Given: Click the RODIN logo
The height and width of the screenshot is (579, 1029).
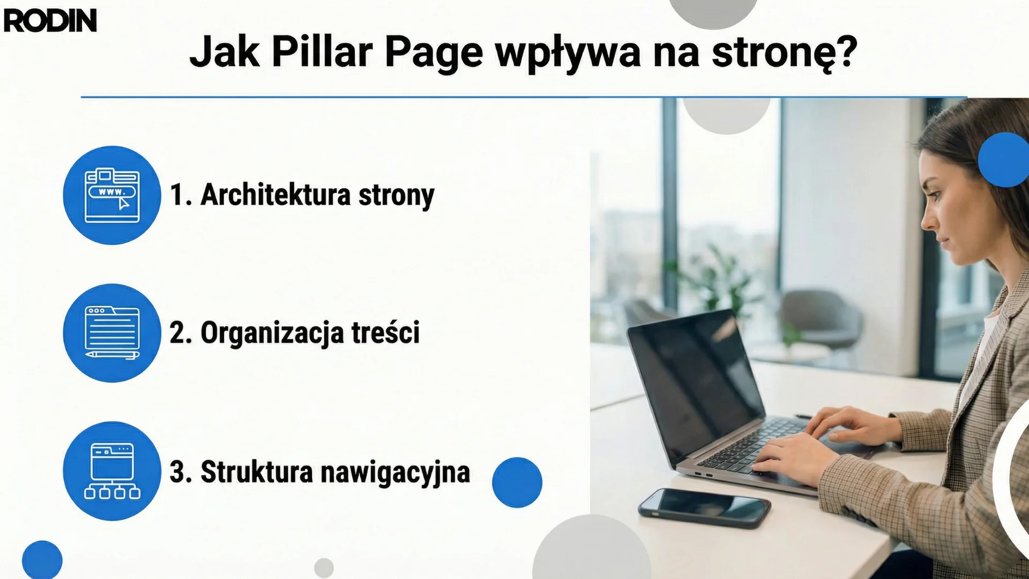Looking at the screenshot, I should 50,21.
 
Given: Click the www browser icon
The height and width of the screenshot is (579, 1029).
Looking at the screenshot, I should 112,195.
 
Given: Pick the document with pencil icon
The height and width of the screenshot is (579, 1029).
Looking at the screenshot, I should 112,333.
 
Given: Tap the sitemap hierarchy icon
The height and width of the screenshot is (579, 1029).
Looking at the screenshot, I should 112,471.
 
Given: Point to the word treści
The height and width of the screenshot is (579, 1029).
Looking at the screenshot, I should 385,332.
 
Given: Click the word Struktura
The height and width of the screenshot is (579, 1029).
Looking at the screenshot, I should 256,472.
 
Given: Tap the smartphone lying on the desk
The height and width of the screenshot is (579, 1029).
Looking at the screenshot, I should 704,507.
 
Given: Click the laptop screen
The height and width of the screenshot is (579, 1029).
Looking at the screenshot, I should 697,381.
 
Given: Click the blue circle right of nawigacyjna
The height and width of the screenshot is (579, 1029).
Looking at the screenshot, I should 517,482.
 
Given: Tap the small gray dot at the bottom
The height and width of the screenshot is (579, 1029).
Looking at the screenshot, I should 324,568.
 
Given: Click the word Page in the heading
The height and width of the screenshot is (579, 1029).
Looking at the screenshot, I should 434,53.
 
